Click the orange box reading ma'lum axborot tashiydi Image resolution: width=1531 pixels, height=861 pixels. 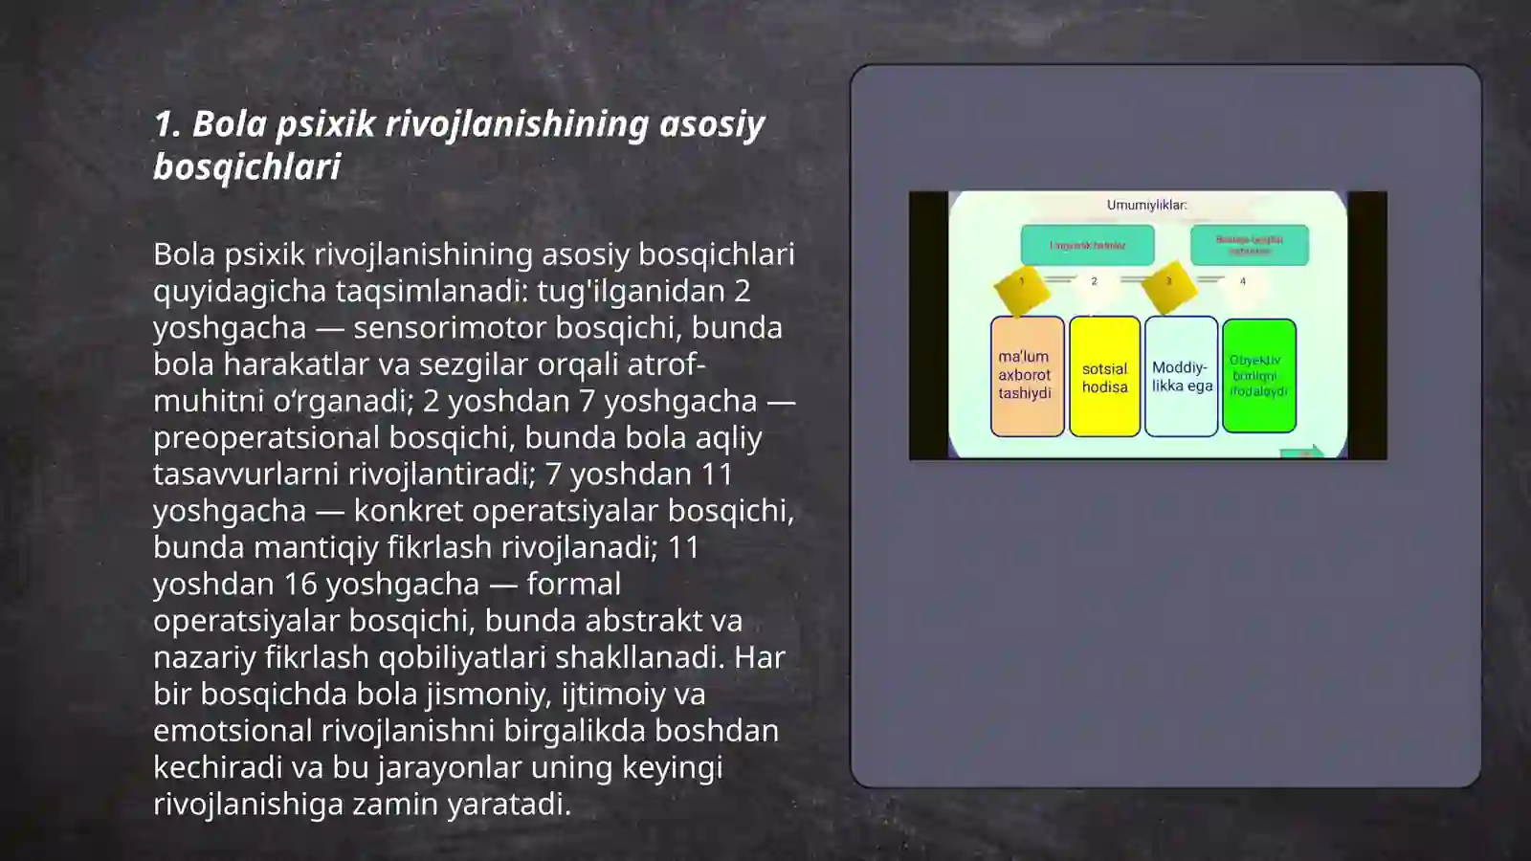tap(1027, 376)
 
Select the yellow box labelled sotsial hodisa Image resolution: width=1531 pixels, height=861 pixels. tap(1104, 377)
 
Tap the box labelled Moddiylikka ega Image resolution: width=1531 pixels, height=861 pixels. tap(1181, 377)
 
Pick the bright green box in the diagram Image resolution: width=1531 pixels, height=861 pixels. tap(1258, 376)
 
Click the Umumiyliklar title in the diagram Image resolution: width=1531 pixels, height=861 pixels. tap(1146, 205)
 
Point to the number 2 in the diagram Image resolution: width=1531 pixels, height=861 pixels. tap(1094, 281)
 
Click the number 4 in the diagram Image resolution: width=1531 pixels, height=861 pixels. tap(1243, 281)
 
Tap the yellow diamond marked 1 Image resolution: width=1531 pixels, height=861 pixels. tap(1021, 285)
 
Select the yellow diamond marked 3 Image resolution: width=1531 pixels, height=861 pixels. tap(1168, 284)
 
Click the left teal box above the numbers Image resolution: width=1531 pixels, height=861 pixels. tap(1087, 245)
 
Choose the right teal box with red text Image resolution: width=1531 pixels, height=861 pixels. tap(1249, 245)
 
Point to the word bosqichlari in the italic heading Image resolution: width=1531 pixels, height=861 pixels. tap(247, 167)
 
